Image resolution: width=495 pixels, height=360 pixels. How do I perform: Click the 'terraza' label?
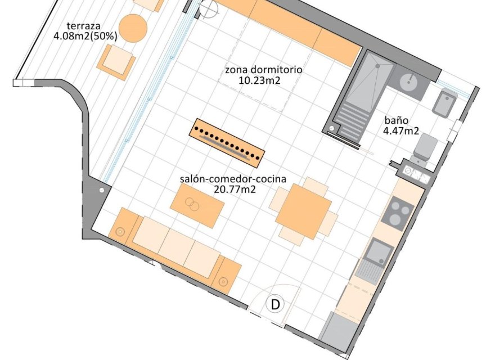83,26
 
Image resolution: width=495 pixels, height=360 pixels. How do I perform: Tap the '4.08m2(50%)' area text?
85,36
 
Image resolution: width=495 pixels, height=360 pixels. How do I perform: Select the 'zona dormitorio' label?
264,70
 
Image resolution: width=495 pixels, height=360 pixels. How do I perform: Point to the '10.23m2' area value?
260,80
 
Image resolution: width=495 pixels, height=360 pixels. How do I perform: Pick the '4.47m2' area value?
401,131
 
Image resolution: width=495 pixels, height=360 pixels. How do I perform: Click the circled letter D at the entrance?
276,305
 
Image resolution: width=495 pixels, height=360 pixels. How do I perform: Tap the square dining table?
304,211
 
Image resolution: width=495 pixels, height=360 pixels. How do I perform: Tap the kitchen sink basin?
380,250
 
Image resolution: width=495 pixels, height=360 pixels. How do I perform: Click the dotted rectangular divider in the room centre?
227,143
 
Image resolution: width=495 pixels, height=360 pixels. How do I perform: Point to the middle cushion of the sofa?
177,245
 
